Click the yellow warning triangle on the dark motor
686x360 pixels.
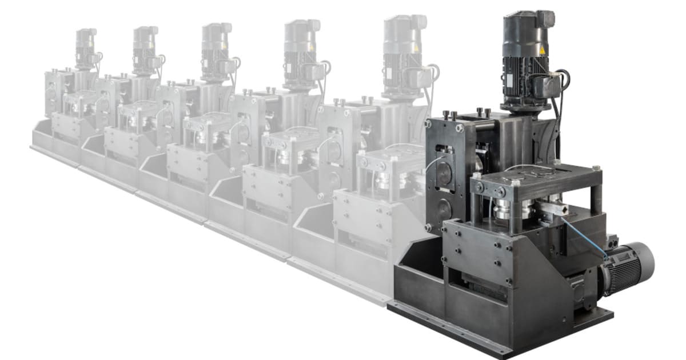point(542,50)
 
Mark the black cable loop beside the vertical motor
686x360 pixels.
point(563,86)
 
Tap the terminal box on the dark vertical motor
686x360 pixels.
point(543,86)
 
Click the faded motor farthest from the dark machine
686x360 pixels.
point(86,49)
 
